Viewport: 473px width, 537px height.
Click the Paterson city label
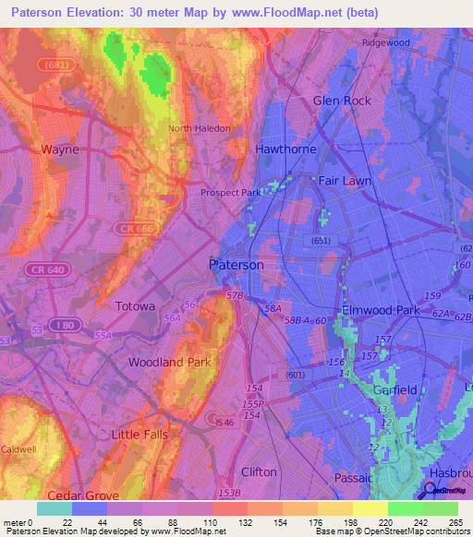point(236,265)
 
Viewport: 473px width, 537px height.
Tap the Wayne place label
point(60,149)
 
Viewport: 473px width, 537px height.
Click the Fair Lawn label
point(345,181)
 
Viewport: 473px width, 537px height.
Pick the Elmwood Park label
point(381,311)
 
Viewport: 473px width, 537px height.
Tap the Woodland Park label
point(170,363)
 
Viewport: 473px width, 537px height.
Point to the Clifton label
point(259,471)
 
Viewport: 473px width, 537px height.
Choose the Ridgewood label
point(386,42)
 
